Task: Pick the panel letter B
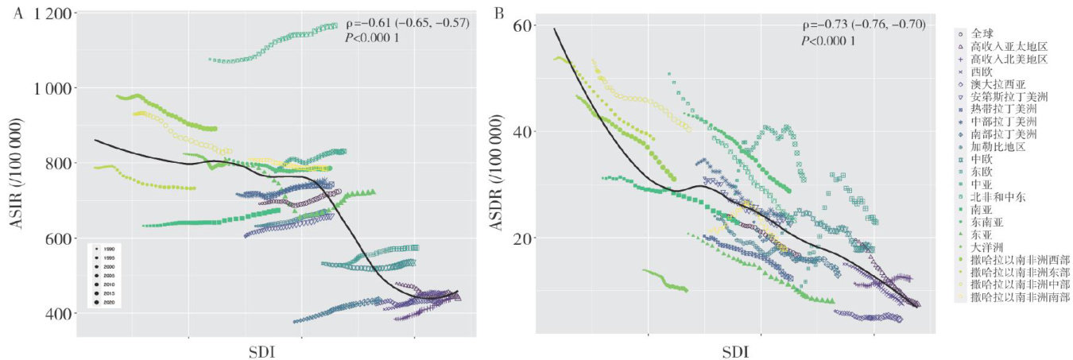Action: [x=499, y=14]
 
